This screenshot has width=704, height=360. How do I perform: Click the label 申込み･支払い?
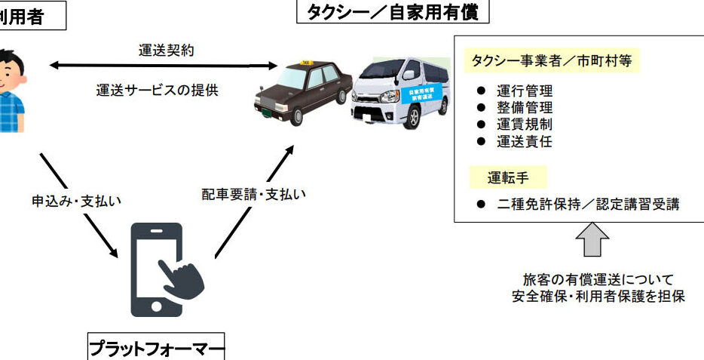[x=76, y=202]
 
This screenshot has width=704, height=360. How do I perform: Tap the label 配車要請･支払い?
[x=253, y=194]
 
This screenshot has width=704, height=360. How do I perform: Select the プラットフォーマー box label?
[x=157, y=349]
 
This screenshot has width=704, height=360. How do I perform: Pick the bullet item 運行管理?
[x=525, y=91]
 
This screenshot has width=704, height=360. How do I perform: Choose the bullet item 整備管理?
[x=525, y=108]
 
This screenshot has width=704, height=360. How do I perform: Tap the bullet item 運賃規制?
[x=525, y=125]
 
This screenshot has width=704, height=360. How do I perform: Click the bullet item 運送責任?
[x=525, y=141]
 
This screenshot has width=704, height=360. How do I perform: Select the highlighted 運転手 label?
[x=506, y=179]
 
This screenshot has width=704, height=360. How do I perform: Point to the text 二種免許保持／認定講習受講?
[x=588, y=205]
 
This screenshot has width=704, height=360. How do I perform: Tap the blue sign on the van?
[x=427, y=95]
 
